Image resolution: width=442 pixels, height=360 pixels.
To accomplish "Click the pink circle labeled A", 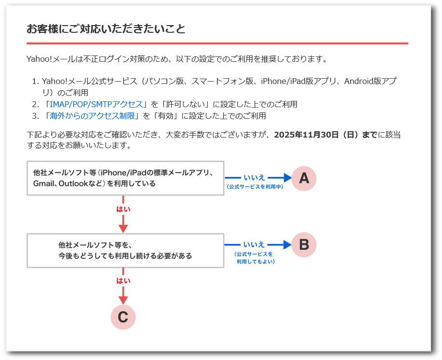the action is [x=304, y=178].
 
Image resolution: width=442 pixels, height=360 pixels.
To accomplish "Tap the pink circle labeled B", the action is [x=304, y=245].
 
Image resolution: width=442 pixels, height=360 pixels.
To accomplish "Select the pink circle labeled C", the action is [x=123, y=317].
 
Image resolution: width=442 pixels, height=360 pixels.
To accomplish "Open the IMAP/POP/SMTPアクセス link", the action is [x=96, y=104].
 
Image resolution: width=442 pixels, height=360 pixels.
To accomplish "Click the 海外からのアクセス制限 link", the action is [x=92, y=116].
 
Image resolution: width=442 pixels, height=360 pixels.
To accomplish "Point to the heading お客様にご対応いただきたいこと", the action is [x=106, y=29].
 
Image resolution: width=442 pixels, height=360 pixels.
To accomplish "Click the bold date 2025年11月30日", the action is [x=306, y=135].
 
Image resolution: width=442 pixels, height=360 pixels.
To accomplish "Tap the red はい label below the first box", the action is [x=123, y=209].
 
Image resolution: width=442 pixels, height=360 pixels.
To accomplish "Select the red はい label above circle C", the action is [x=123, y=281].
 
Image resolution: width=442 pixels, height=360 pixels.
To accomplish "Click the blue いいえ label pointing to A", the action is [x=254, y=178].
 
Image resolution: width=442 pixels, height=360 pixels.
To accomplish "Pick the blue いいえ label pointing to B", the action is [x=254, y=244].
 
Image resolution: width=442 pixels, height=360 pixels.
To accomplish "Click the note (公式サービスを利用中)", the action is [x=255, y=186].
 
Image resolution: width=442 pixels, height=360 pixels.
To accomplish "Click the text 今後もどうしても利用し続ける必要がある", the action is [x=125, y=256].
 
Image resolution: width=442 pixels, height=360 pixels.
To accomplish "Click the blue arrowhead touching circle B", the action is [x=287, y=245].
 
